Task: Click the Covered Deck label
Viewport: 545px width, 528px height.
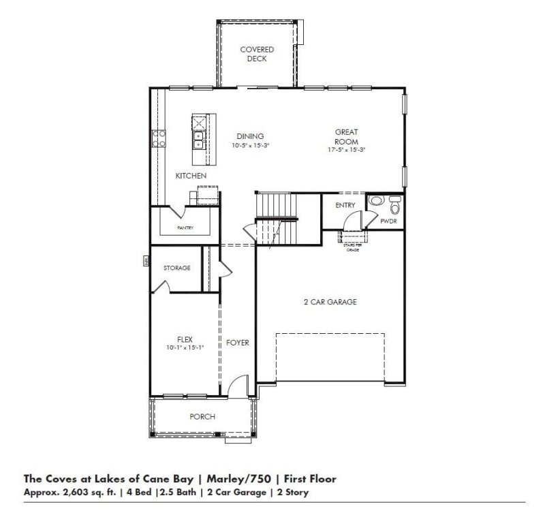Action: coord(257,55)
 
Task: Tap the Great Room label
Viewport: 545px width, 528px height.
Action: coord(346,136)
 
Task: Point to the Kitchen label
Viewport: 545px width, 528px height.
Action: coord(191,176)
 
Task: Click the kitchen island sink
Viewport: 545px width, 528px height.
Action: coord(199,140)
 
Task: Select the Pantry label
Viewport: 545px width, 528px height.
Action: coord(185,228)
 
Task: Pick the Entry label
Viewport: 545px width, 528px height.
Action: coord(346,205)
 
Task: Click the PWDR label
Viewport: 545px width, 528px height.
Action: coord(388,222)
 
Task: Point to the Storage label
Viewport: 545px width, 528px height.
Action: coord(176,268)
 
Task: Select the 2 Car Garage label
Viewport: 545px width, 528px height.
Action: coord(330,302)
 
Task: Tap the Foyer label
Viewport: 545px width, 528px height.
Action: coord(238,343)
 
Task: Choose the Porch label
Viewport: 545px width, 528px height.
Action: coord(202,417)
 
